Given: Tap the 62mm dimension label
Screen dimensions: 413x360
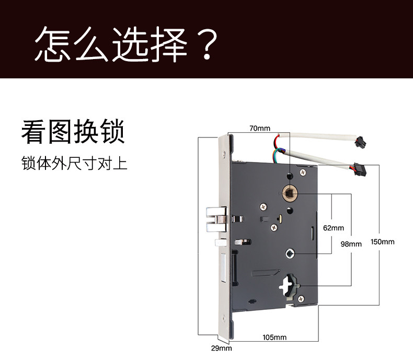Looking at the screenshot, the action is pos(333,228).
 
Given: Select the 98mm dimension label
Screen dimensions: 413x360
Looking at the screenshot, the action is pos(351,244).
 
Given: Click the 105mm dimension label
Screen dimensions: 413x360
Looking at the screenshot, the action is pos(275,337).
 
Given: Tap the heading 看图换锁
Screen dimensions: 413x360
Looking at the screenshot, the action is pos(73,132).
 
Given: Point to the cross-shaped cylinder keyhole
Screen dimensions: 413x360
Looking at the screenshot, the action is pos(287,285).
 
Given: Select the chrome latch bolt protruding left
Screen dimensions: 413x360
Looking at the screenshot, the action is pos(215,219).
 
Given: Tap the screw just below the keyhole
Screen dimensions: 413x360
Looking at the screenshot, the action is pos(301,298).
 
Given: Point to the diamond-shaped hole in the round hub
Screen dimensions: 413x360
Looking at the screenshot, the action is pos(289,253).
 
